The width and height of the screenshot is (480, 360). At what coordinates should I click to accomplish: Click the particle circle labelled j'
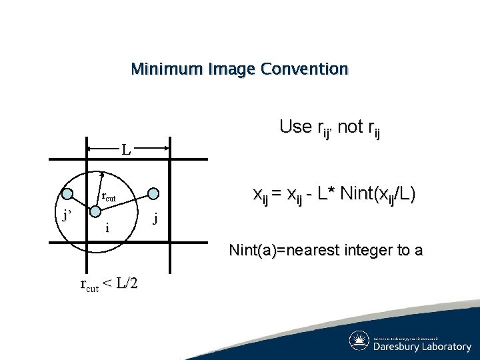(67, 193)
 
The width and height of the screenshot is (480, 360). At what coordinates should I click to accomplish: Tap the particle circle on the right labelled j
(153, 193)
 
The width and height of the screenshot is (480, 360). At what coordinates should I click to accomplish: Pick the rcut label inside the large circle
(108, 197)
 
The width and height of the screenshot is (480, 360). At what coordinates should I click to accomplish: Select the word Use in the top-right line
(295, 126)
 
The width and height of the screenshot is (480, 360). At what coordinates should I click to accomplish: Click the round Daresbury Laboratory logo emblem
(360, 341)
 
